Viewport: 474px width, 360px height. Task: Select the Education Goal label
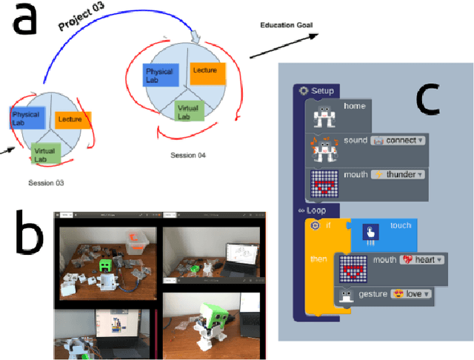click(285, 25)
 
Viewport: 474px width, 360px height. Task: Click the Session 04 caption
click(187, 156)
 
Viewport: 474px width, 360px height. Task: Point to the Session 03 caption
click(47, 182)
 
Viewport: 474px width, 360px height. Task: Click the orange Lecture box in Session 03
click(73, 119)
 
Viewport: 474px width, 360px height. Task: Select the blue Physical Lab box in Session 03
click(28, 118)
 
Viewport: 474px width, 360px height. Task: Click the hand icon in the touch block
click(368, 233)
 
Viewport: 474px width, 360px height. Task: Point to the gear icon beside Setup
click(304, 90)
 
